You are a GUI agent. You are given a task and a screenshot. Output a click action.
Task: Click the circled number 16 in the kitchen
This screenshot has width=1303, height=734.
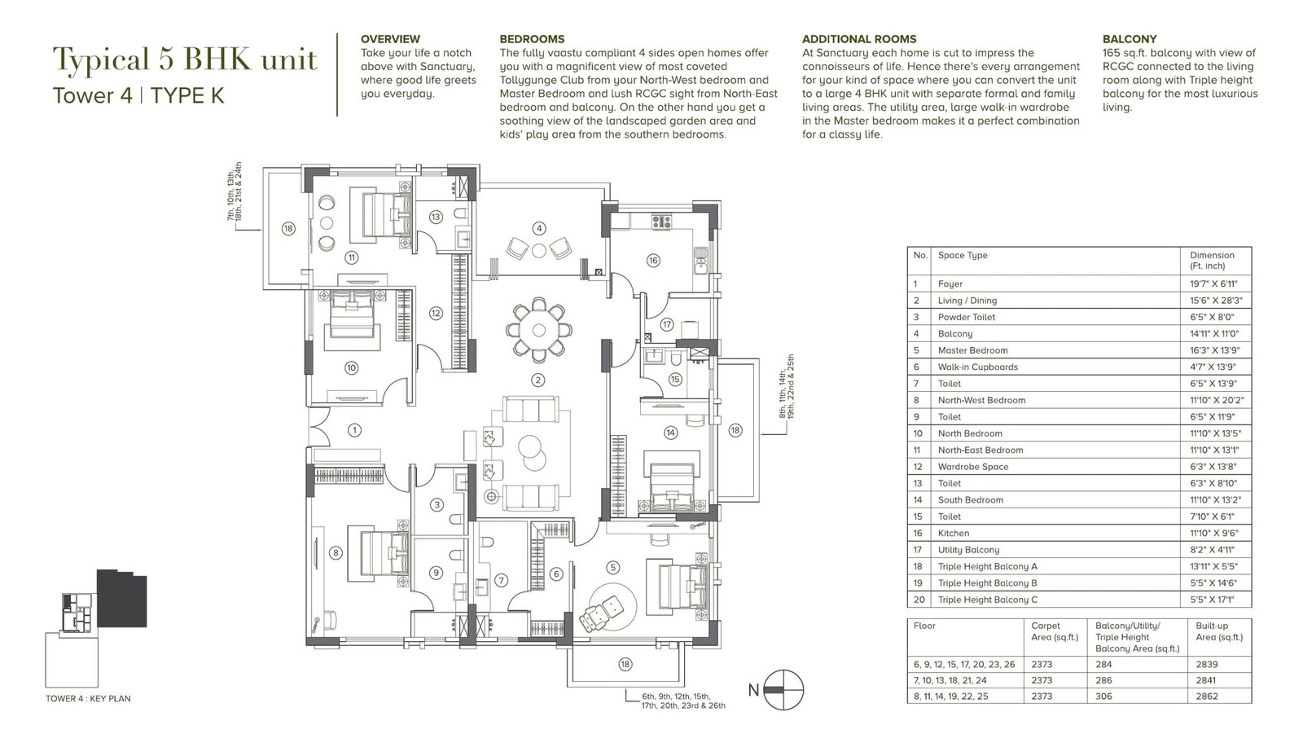652,260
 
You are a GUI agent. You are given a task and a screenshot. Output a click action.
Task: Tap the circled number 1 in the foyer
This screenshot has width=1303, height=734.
354,430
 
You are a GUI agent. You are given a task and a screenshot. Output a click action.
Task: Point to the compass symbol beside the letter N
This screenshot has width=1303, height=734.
783,690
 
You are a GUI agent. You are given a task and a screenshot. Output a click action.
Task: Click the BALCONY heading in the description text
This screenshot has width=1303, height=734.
1130,39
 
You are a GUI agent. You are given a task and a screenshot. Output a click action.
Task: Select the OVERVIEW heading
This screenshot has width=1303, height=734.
390,39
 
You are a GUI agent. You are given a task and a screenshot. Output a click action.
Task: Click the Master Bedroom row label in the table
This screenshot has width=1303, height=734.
972,350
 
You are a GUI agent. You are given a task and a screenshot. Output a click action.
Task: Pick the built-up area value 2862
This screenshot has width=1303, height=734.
1207,697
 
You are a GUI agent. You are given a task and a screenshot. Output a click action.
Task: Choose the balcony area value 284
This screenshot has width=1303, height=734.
1103,664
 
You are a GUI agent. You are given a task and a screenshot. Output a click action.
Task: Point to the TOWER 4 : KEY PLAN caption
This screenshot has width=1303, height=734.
89,698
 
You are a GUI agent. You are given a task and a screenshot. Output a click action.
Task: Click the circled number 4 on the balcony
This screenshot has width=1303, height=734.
539,228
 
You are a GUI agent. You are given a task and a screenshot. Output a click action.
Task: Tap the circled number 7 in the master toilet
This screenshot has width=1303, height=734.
501,580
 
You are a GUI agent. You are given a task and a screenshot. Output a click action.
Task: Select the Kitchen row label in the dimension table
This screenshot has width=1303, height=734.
954,533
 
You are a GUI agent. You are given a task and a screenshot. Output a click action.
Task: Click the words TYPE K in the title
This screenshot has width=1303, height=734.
187,94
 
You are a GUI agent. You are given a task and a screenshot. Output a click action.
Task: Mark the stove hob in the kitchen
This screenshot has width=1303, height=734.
661,222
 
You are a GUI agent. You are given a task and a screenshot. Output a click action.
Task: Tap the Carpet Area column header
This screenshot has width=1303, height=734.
1045,631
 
